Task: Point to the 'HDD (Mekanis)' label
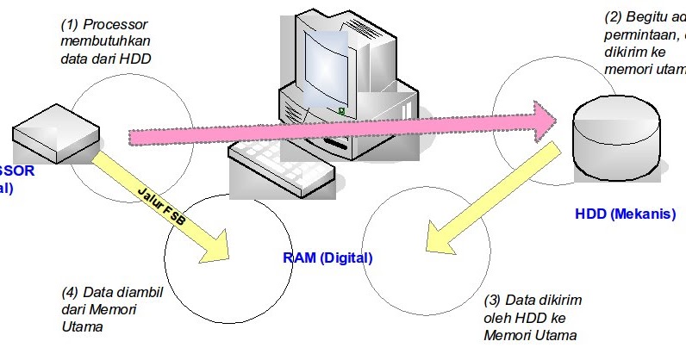point(625,214)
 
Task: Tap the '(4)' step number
point(72,291)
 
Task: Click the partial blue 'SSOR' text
point(17,171)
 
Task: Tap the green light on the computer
point(342,110)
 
